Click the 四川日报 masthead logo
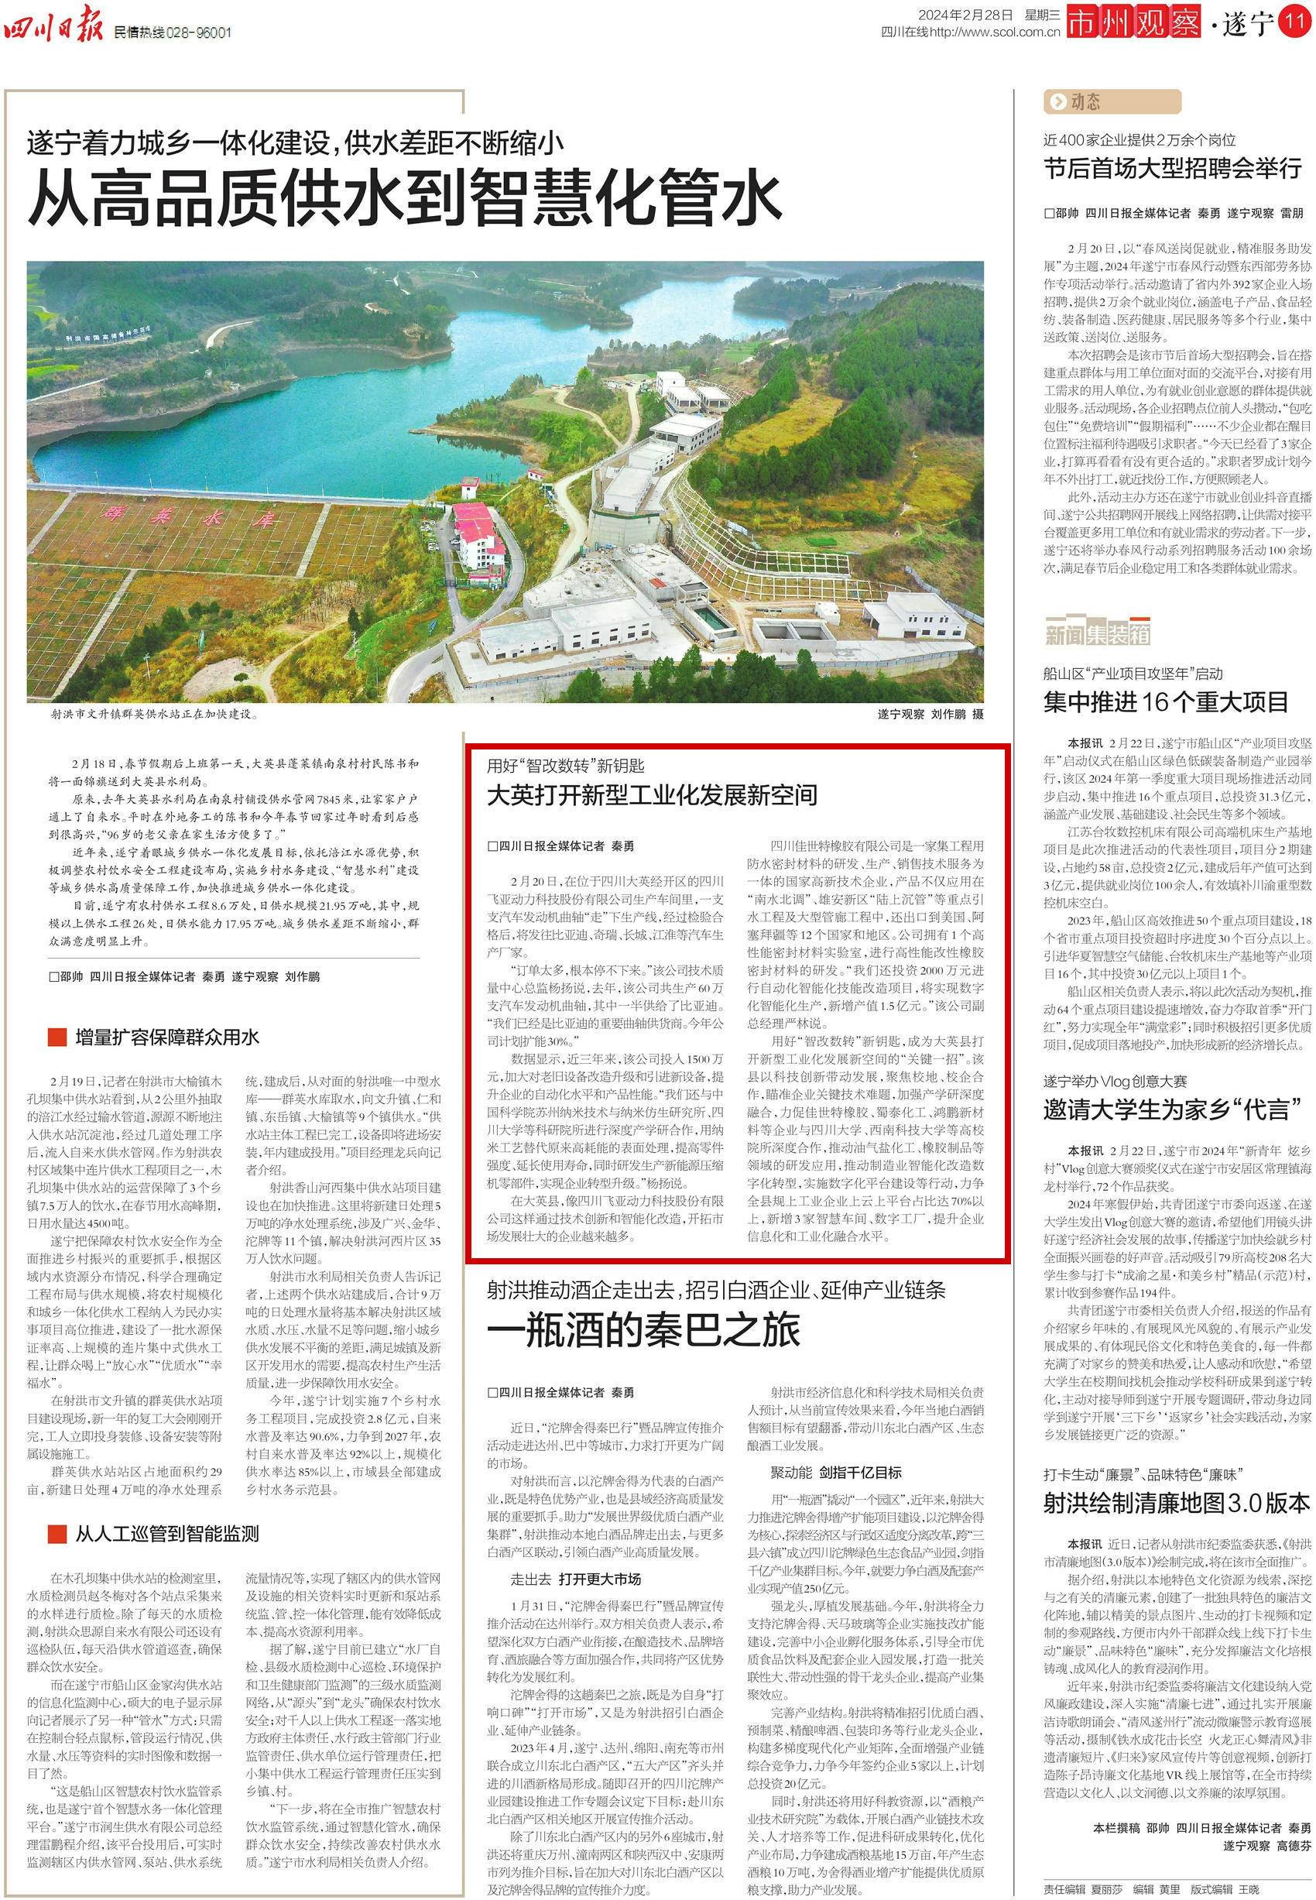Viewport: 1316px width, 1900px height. click(x=53, y=30)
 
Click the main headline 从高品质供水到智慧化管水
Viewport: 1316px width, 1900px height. click(x=404, y=198)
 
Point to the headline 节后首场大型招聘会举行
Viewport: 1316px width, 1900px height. click(x=1173, y=169)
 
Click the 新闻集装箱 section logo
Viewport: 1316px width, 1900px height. click(x=1097, y=633)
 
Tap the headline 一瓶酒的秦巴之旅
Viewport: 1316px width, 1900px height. click(x=643, y=1331)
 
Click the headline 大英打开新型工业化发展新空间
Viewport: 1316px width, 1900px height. click(x=651, y=796)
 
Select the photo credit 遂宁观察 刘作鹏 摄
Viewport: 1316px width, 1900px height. click(x=930, y=714)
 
